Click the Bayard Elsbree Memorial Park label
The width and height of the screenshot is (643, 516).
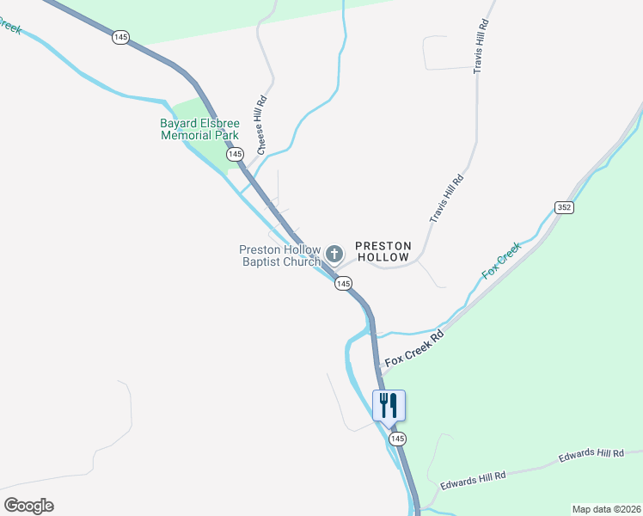(x=199, y=129)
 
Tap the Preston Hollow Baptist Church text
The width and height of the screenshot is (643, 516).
(x=279, y=255)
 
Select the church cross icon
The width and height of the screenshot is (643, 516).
(x=334, y=254)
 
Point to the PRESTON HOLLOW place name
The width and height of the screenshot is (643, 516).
(x=383, y=251)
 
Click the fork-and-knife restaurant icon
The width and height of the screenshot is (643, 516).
(x=389, y=404)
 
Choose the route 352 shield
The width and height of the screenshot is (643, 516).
(x=564, y=207)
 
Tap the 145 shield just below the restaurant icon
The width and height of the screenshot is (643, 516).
(x=396, y=439)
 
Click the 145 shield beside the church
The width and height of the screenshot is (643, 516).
(x=343, y=283)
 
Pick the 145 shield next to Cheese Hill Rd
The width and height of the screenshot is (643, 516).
(x=235, y=154)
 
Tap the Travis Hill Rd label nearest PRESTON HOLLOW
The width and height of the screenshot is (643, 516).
(x=446, y=199)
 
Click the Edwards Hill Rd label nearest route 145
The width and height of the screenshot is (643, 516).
(x=472, y=481)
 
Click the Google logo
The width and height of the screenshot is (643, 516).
(x=28, y=506)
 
